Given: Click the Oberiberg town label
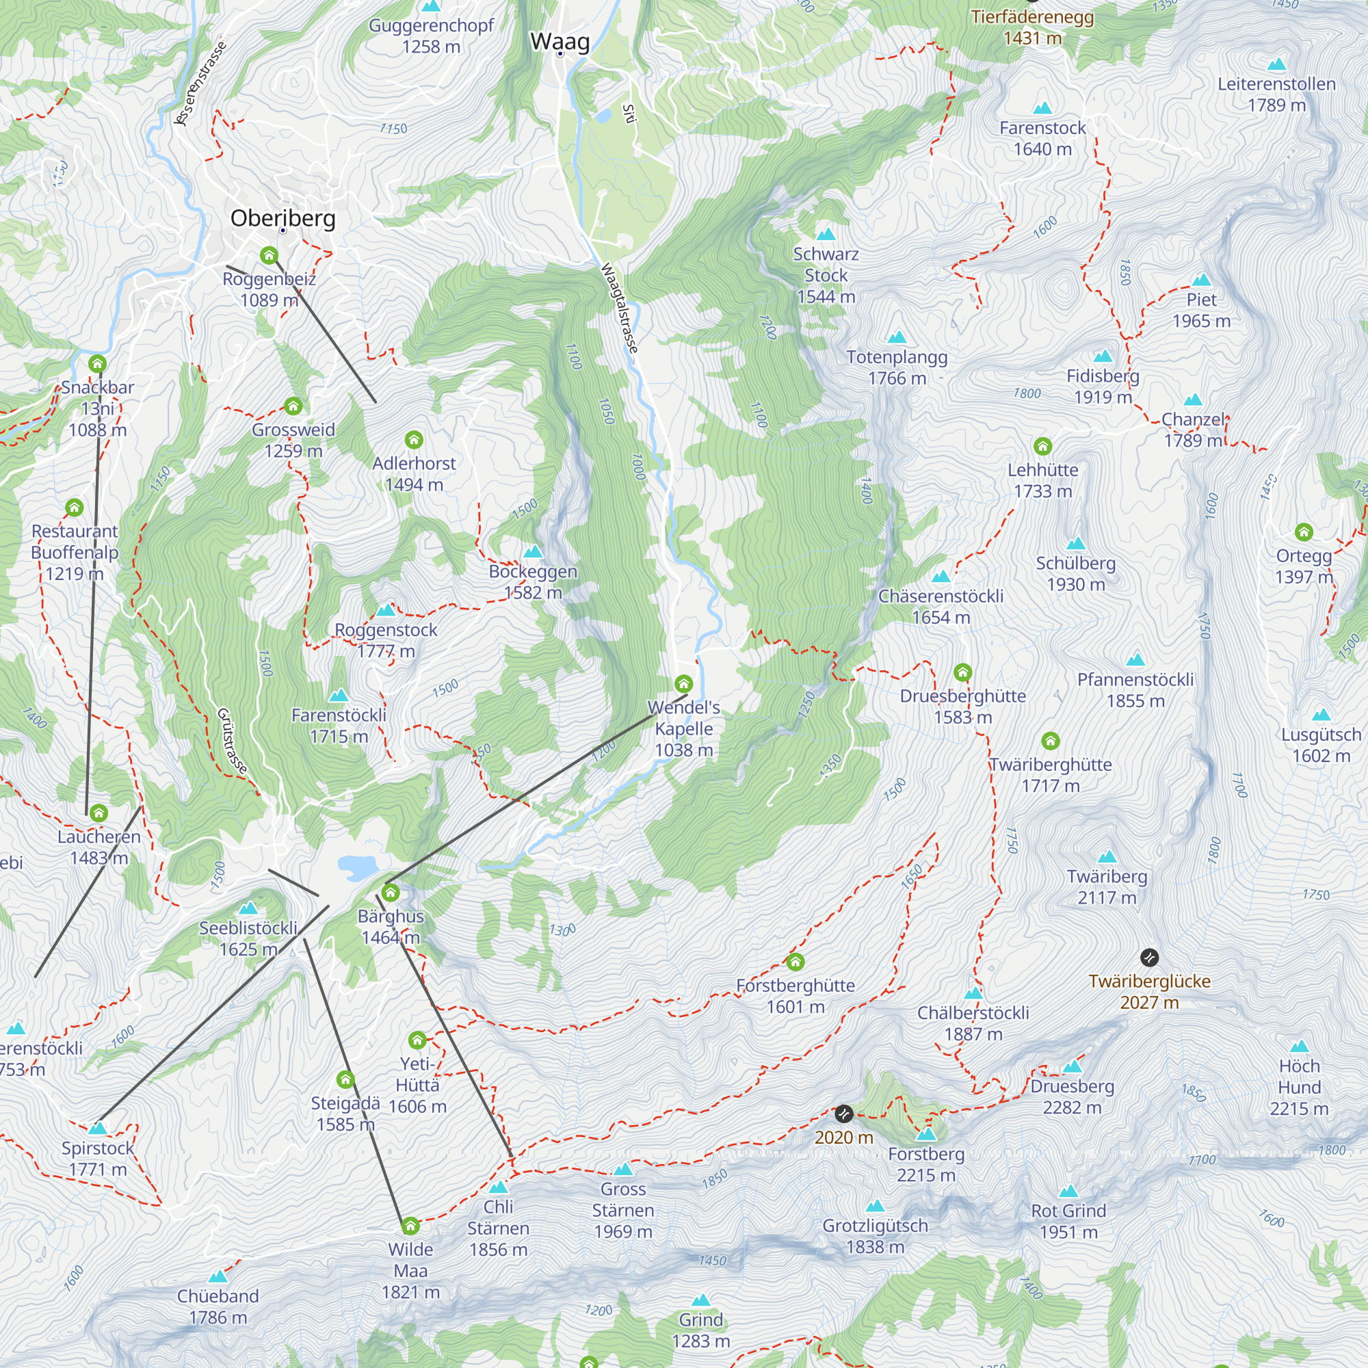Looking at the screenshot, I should click(x=282, y=218).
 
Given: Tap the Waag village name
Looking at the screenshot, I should click(x=560, y=42).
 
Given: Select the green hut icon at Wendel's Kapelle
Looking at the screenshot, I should click(x=683, y=684).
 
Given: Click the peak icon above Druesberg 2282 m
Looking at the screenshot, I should click(x=1072, y=1067).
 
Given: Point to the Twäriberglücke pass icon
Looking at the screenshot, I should click(x=1149, y=958).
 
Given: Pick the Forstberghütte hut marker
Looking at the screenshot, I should click(x=795, y=962).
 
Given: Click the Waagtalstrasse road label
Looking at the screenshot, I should click(x=620, y=307).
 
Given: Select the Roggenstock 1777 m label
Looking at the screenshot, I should click(x=386, y=640).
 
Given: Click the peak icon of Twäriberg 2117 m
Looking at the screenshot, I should click(x=1107, y=858).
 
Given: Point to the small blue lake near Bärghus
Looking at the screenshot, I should click(x=358, y=866).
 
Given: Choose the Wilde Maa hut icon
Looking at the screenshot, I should click(x=410, y=1226).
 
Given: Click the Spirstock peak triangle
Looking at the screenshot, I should click(x=98, y=1129).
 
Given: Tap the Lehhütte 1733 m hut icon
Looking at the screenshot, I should click(x=1042, y=446).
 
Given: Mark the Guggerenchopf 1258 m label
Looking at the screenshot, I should click(x=431, y=36).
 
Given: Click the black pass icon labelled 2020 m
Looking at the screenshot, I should click(x=843, y=1114).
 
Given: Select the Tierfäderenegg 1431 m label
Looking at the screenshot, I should click(x=1031, y=27).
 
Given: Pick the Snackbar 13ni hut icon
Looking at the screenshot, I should click(x=98, y=364).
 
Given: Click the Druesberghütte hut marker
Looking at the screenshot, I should click(x=962, y=672).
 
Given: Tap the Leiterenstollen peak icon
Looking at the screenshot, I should click(x=1276, y=65).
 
